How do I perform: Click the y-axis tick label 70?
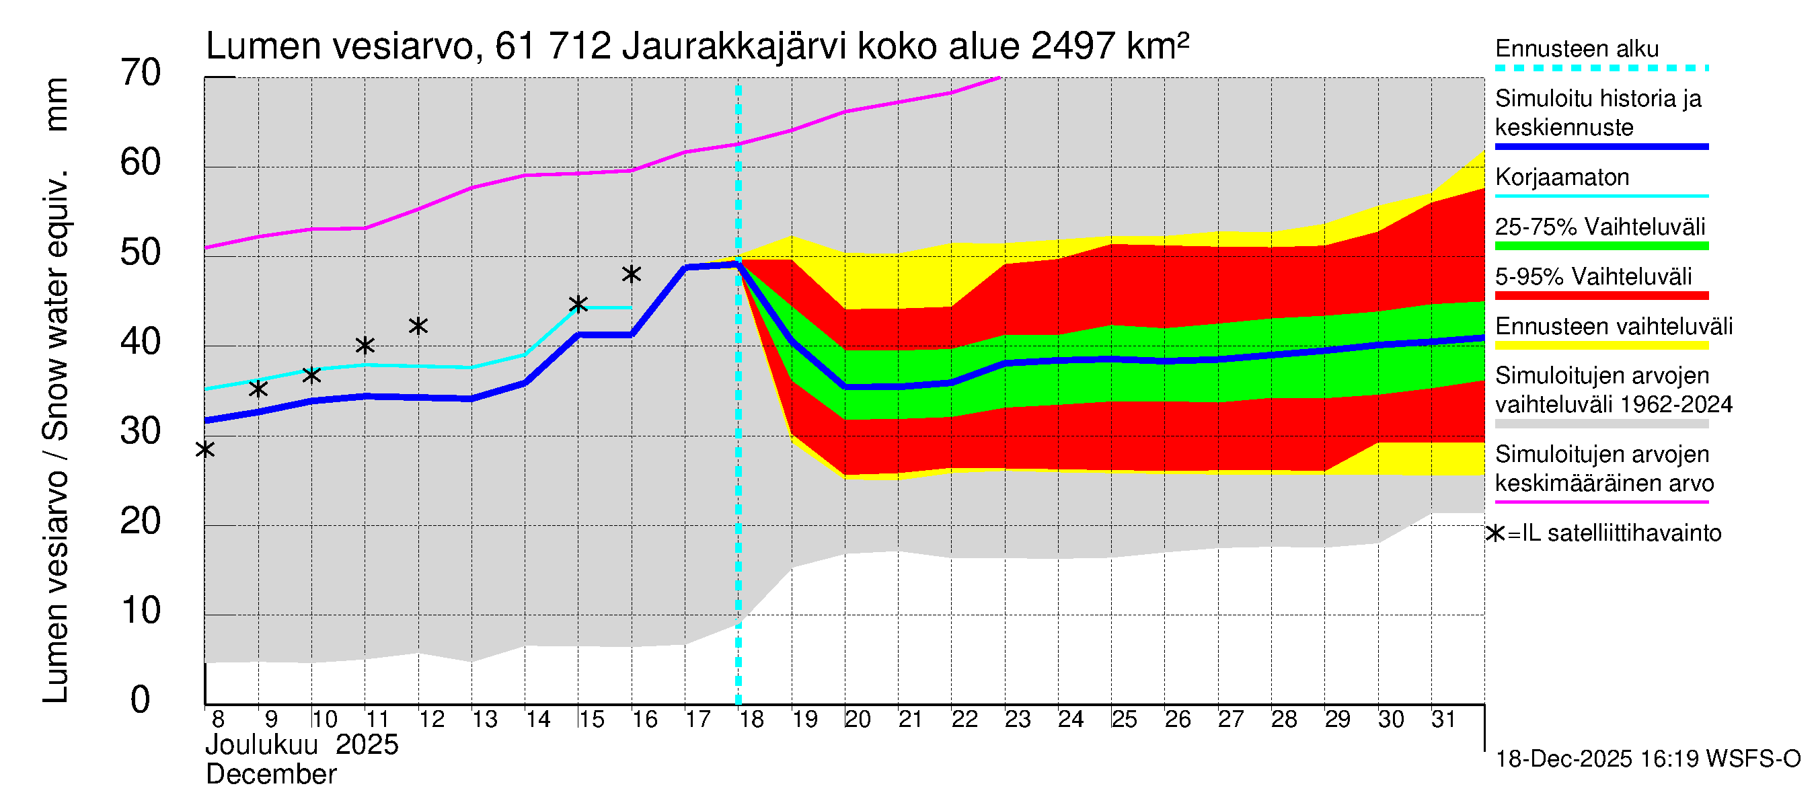pos(141,73)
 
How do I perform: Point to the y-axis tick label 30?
pos(141,431)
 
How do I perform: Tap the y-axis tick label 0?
pos(141,700)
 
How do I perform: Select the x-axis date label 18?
pos(751,719)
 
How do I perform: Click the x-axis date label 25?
pos(1125,719)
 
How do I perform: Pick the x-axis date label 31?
pos(1444,719)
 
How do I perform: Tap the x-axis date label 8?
pos(218,719)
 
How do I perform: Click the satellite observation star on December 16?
pos(632,274)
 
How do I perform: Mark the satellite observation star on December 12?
pos(418,325)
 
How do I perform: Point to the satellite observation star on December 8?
pos(205,449)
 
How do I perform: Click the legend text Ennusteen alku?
pos(1577,49)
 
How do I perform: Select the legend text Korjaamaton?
pos(1562,177)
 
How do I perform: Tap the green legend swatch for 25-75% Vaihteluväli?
pos(1601,246)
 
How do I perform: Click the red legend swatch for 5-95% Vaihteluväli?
pos(1601,296)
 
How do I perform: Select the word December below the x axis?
pos(270,775)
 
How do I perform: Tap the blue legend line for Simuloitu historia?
pos(1601,147)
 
